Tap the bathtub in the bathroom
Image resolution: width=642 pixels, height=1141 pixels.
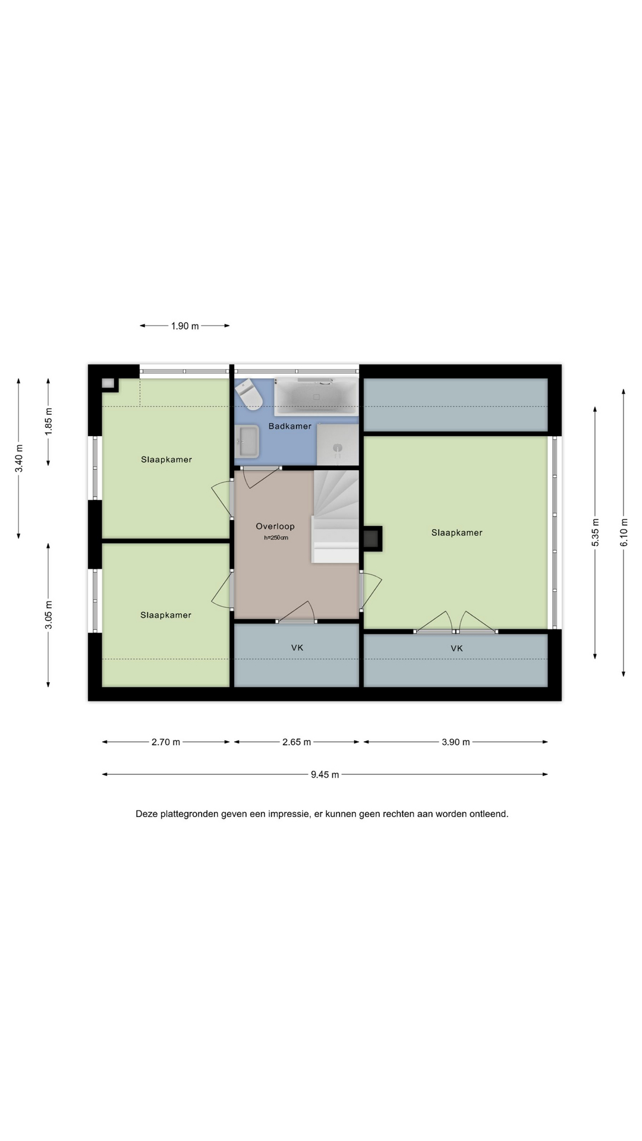click(316, 397)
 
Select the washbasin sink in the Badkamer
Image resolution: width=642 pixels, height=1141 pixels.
click(247, 442)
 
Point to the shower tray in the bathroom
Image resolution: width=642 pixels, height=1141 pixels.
click(338, 445)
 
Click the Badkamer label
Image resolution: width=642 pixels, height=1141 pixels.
click(290, 426)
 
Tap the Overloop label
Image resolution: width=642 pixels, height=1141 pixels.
click(275, 526)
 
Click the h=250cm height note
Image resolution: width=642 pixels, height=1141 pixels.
click(276, 538)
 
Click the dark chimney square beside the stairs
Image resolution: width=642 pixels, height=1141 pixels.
click(372, 538)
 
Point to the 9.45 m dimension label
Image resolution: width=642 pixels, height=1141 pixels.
click(325, 774)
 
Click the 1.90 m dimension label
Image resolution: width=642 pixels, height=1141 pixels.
click(185, 326)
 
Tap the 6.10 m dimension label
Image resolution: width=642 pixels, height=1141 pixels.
click(624, 533)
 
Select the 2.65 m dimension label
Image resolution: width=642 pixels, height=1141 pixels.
click(297, 742)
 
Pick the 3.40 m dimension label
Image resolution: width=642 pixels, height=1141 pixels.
click(19, 459)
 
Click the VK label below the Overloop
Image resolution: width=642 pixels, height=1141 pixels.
click(297, 648)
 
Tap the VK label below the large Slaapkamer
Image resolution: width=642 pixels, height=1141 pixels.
click(457, 648)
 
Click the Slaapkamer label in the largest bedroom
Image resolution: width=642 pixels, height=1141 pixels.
click(457, 532)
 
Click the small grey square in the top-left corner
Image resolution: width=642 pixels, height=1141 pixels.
click(108, 383)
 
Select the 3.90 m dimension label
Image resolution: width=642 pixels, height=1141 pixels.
click(456, 742)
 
